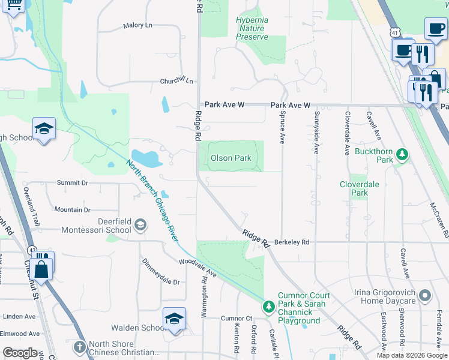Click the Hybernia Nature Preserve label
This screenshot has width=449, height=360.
pos(252,29)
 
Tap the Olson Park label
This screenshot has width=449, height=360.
pos(231,158)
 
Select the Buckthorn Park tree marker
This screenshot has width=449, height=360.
pos(402,155)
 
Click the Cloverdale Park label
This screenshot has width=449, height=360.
pos(360,188)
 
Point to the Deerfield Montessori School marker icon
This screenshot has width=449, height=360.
pos(140,225)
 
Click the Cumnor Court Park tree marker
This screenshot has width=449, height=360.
pos(270,307)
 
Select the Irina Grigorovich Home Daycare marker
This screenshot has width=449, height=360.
pos(425,296)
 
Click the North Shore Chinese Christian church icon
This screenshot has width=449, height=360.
pos(80,347)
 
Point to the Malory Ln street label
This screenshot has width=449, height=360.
pos(137,25)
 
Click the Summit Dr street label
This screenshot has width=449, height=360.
pos(72,182)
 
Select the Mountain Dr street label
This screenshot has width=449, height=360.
pos(72,209)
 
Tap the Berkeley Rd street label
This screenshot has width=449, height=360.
pos(291,242)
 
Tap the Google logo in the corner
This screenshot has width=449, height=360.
pos(20,353)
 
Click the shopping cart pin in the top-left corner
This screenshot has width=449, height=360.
pos(14,5)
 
